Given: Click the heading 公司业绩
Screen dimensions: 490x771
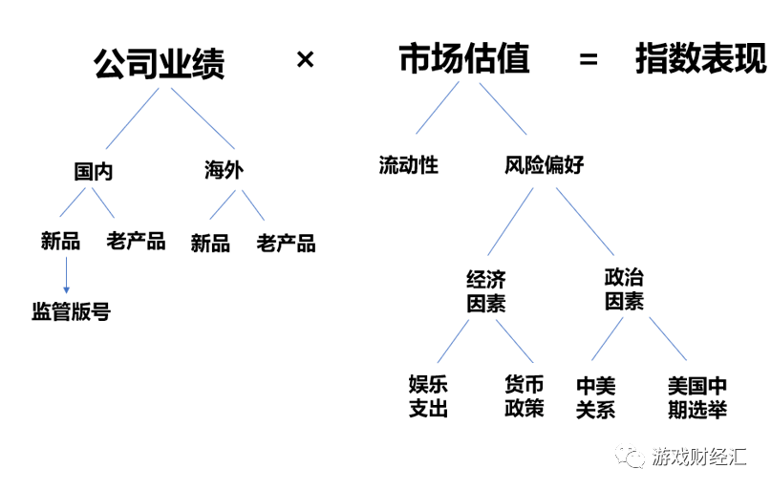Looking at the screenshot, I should pyautogui.click(x=159, y=63).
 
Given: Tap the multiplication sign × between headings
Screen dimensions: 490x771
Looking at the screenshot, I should pyautogui.click(x=305, y=60).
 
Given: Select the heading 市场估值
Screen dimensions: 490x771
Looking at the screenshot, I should pyautogui.click(x=463, y=60).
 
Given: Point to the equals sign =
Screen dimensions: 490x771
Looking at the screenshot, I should pyautogui.click(x=589, y=60).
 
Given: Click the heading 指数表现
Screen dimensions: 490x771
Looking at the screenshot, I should pyautogui.click(x=700, y=60).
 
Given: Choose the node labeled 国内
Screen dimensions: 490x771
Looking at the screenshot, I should pyautogui.click(x=94, y=171).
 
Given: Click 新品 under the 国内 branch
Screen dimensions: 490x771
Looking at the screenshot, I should pyautogui.click(x=60, y=241).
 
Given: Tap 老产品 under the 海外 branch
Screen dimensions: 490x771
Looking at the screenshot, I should pyautogui.click(x=286, y=243).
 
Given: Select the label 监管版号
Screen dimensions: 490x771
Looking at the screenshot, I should pyautogui.click(x=71, y=312).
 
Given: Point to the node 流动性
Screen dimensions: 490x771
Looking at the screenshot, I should pyautogui.click(x=408, y=165).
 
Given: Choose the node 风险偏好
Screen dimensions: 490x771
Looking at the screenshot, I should pyautogui.click(x=544, y=165).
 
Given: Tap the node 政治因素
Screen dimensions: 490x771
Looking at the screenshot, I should pyautogui.click(x=624, y=288).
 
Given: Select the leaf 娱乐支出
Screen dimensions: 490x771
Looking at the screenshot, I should pyautogui.click(x=428, y=396).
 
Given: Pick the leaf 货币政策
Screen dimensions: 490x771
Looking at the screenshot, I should pyautogui.click(x=524, y=396).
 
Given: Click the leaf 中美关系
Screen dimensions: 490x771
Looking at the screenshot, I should pyautogui.click(x=596, y=397).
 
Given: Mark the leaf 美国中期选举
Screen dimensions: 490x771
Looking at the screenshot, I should pyautogui.click(x=696, y=397).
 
